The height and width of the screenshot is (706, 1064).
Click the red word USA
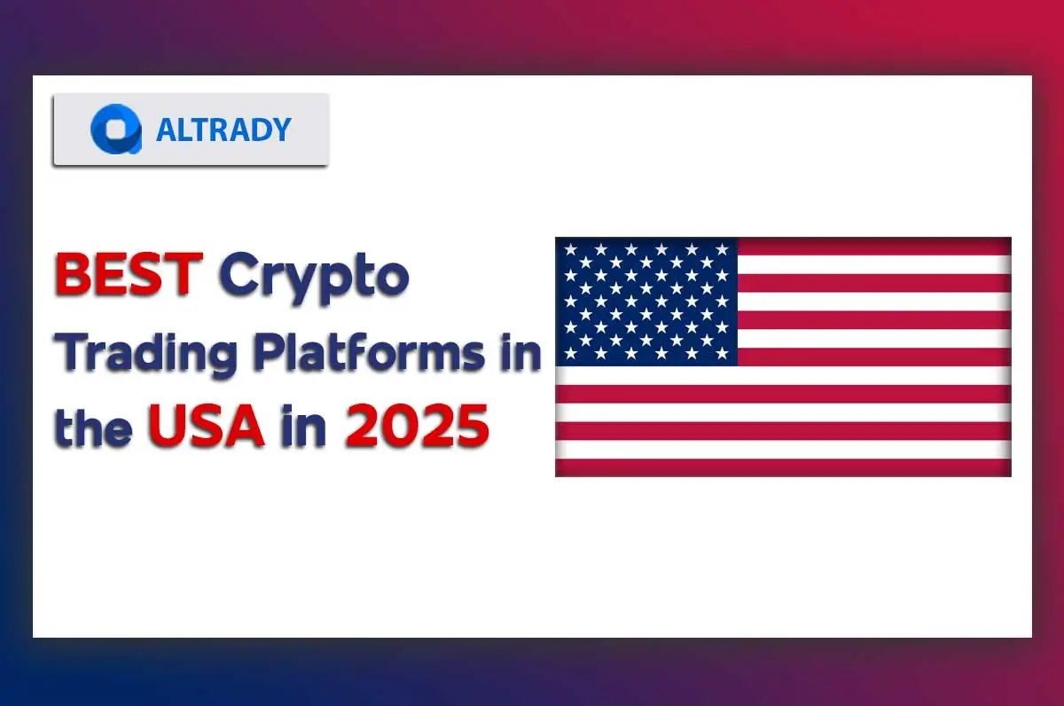click(206, 427)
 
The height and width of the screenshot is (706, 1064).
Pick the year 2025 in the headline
click(417, 427)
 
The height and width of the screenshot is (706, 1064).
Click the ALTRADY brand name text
click(223, 129)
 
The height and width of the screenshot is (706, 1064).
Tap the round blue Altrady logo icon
click(115, 129)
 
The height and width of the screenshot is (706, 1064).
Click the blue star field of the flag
click(646, 302)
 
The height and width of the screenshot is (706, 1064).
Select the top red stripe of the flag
click(873, 246)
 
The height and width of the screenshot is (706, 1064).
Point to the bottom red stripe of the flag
click(783, 467)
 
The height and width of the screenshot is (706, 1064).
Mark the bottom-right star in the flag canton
click(722, 354)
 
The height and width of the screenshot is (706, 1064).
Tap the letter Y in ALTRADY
click(278, 129)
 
